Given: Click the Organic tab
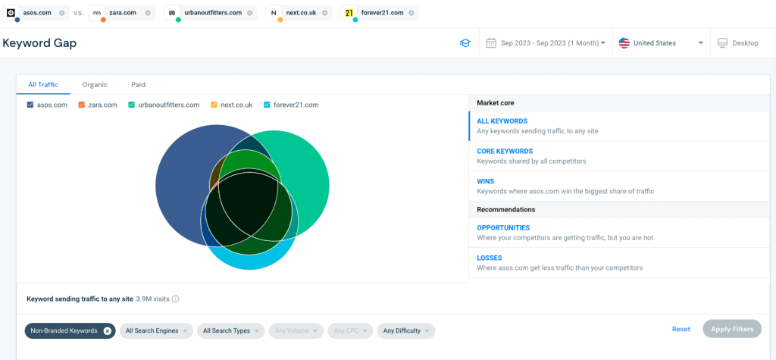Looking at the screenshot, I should click(x=95, y=85).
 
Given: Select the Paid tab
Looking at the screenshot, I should click(x=138, y=85).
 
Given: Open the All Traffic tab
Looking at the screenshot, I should click(x=43, y=85).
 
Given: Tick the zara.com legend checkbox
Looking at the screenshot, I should click(x=82, y=105).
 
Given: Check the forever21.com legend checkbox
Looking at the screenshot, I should click(x=267, y=105).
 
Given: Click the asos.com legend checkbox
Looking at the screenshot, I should click(x=30, y=105).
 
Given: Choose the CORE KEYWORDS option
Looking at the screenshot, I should click(x=505, y=152).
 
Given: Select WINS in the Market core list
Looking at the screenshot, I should click(x=486, y=182).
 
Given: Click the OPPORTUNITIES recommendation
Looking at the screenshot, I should click(x=503, y=227).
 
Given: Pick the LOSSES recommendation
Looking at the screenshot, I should click(x=490, y=258).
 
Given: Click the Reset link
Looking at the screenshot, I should click(x=681, y=330).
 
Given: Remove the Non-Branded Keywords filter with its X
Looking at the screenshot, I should click(x=108, y=330).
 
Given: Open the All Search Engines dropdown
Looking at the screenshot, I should click(x=155, y=330).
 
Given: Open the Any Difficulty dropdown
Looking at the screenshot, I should click(x=406, y=330).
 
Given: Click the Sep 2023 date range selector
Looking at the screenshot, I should click(x=546, y=43).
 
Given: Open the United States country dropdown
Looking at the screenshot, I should click(x=661, y=43).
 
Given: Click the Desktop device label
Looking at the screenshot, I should click(x=744, y=43).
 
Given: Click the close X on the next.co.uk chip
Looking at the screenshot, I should click(x=325, y=13).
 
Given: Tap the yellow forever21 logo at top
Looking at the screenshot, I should click(x=349, y=13).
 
